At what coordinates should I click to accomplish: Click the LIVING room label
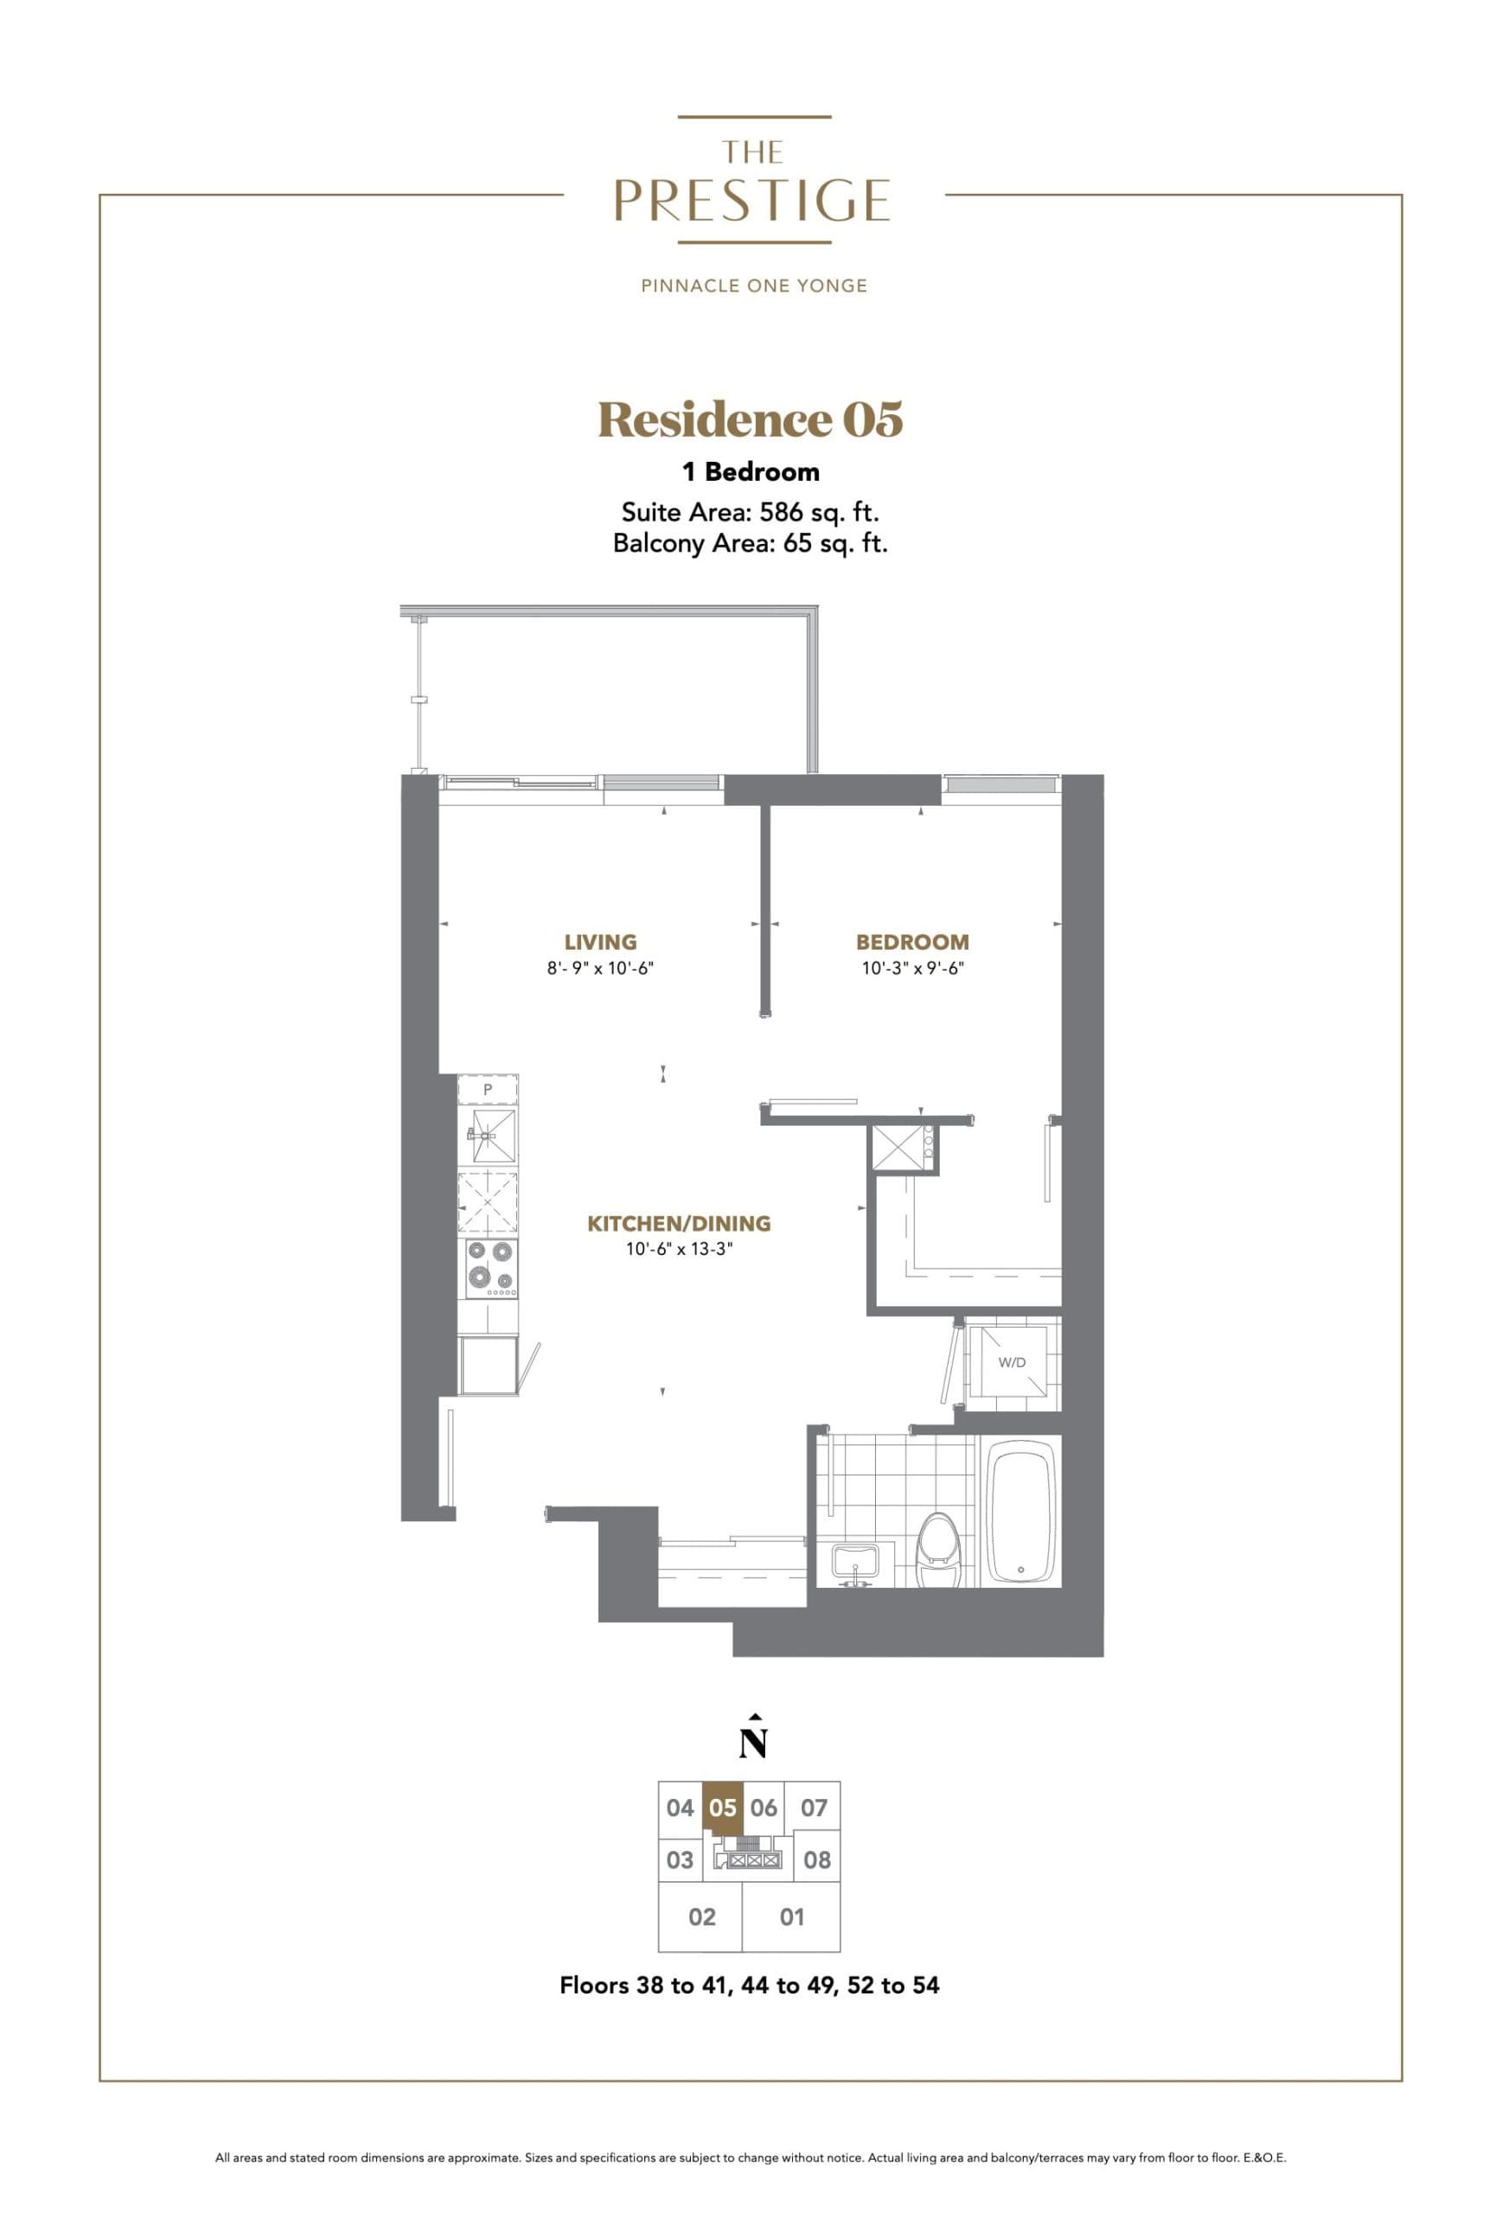point(600,941)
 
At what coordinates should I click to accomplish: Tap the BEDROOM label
point(911,941)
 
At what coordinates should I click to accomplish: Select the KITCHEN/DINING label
point(678,1223)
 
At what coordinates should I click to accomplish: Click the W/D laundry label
point(1012,1362)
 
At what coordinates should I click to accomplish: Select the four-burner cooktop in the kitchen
point(489,1266)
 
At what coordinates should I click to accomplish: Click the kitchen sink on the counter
point(489,1136)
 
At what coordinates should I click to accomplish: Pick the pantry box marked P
point(488,1089)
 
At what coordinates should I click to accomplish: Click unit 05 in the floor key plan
point(723,1808)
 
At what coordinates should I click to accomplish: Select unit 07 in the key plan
point(814,1808)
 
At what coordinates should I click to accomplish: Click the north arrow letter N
point(752,1743)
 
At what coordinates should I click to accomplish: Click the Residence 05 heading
point(751,420)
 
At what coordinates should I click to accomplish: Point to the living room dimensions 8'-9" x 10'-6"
point(600,969)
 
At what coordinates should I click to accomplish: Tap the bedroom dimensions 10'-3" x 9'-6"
point(911,969)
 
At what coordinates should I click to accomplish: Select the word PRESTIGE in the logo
point(751,201)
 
